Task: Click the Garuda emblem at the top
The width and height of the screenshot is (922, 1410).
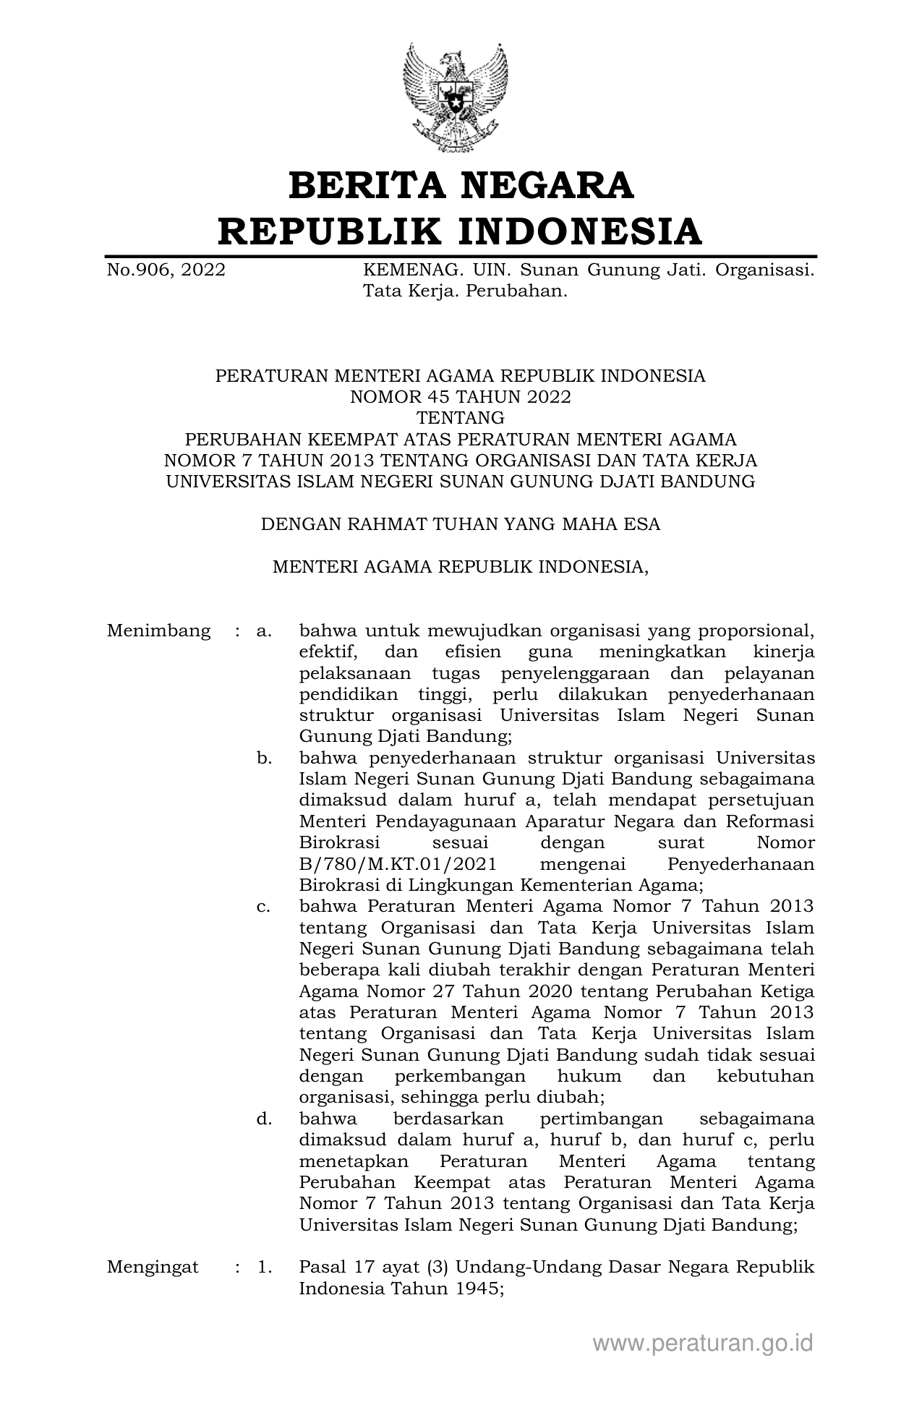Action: coord(456,97)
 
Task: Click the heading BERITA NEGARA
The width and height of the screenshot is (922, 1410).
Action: coord(461,185)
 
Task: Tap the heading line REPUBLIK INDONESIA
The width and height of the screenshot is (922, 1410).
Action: coord(461,231)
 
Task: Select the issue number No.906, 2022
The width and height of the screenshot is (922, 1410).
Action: coord(166,270)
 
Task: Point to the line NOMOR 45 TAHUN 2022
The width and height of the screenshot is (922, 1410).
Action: coord(461,397)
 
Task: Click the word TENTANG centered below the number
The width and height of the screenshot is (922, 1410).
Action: coord(461,418)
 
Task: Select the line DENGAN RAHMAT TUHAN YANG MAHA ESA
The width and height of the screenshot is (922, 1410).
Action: coord(461,524)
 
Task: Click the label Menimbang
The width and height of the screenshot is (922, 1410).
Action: coord(158,631)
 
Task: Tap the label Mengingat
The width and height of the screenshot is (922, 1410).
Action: coord(153,1267)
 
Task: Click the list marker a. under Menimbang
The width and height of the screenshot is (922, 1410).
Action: coord(264,631)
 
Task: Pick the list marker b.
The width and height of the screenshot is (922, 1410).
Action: coord(264,758)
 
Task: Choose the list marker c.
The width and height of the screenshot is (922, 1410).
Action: coord(264,907)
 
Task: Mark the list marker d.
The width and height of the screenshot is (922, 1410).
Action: coord(264,1119)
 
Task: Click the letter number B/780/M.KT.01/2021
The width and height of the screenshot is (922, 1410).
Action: coord(397,864)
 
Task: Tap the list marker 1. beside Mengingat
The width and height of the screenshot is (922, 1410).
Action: coord(264,1267)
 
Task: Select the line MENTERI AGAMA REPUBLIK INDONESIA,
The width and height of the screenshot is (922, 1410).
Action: coord(461,567)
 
